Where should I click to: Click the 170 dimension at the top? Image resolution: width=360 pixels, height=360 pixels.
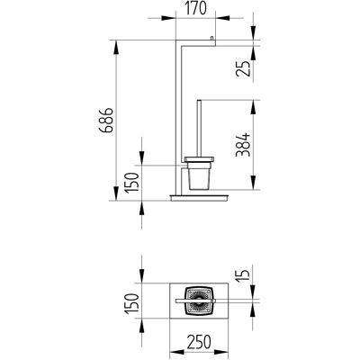click(195, 8)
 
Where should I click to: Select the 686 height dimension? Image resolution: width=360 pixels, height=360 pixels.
click(106, 121)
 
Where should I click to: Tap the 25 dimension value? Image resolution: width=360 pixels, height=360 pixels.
click(243, 68)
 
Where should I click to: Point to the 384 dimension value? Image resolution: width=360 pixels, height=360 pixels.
click(243, 145)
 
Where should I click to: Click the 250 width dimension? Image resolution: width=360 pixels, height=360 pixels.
click(199, 342)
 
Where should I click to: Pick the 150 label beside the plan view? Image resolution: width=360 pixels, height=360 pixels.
click(132, 303)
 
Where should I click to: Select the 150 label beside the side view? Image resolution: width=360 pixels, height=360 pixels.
click(132, 183)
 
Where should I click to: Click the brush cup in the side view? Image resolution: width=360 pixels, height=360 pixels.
click(199, 176)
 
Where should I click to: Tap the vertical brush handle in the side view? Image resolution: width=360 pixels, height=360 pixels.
click(199, 129)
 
